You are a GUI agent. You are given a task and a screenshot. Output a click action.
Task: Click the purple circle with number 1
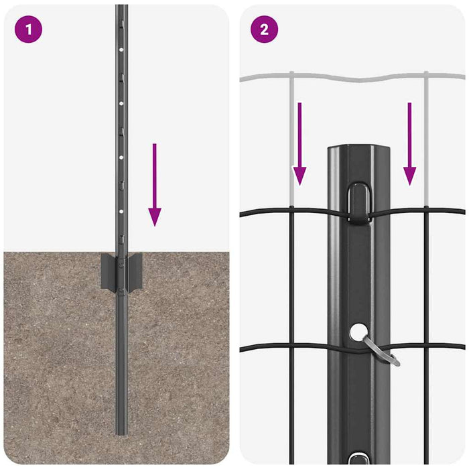(27, 29)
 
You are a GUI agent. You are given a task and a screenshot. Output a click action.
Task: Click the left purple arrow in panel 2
(299, 143)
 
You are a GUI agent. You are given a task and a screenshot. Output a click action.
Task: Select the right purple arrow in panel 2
(409, 143)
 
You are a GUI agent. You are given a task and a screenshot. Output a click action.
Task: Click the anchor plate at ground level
(121, 271)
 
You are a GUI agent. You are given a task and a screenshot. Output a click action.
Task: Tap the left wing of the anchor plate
(107, 271)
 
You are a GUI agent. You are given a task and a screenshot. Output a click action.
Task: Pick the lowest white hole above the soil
(120, 210)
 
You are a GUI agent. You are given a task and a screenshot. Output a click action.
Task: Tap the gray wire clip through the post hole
(381, 350)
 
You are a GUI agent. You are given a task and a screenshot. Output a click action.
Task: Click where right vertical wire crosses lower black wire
(426, 346)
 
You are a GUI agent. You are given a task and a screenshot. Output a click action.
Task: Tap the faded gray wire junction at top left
(291, 75)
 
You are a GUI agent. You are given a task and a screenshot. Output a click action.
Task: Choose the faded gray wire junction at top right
(426, 76)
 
